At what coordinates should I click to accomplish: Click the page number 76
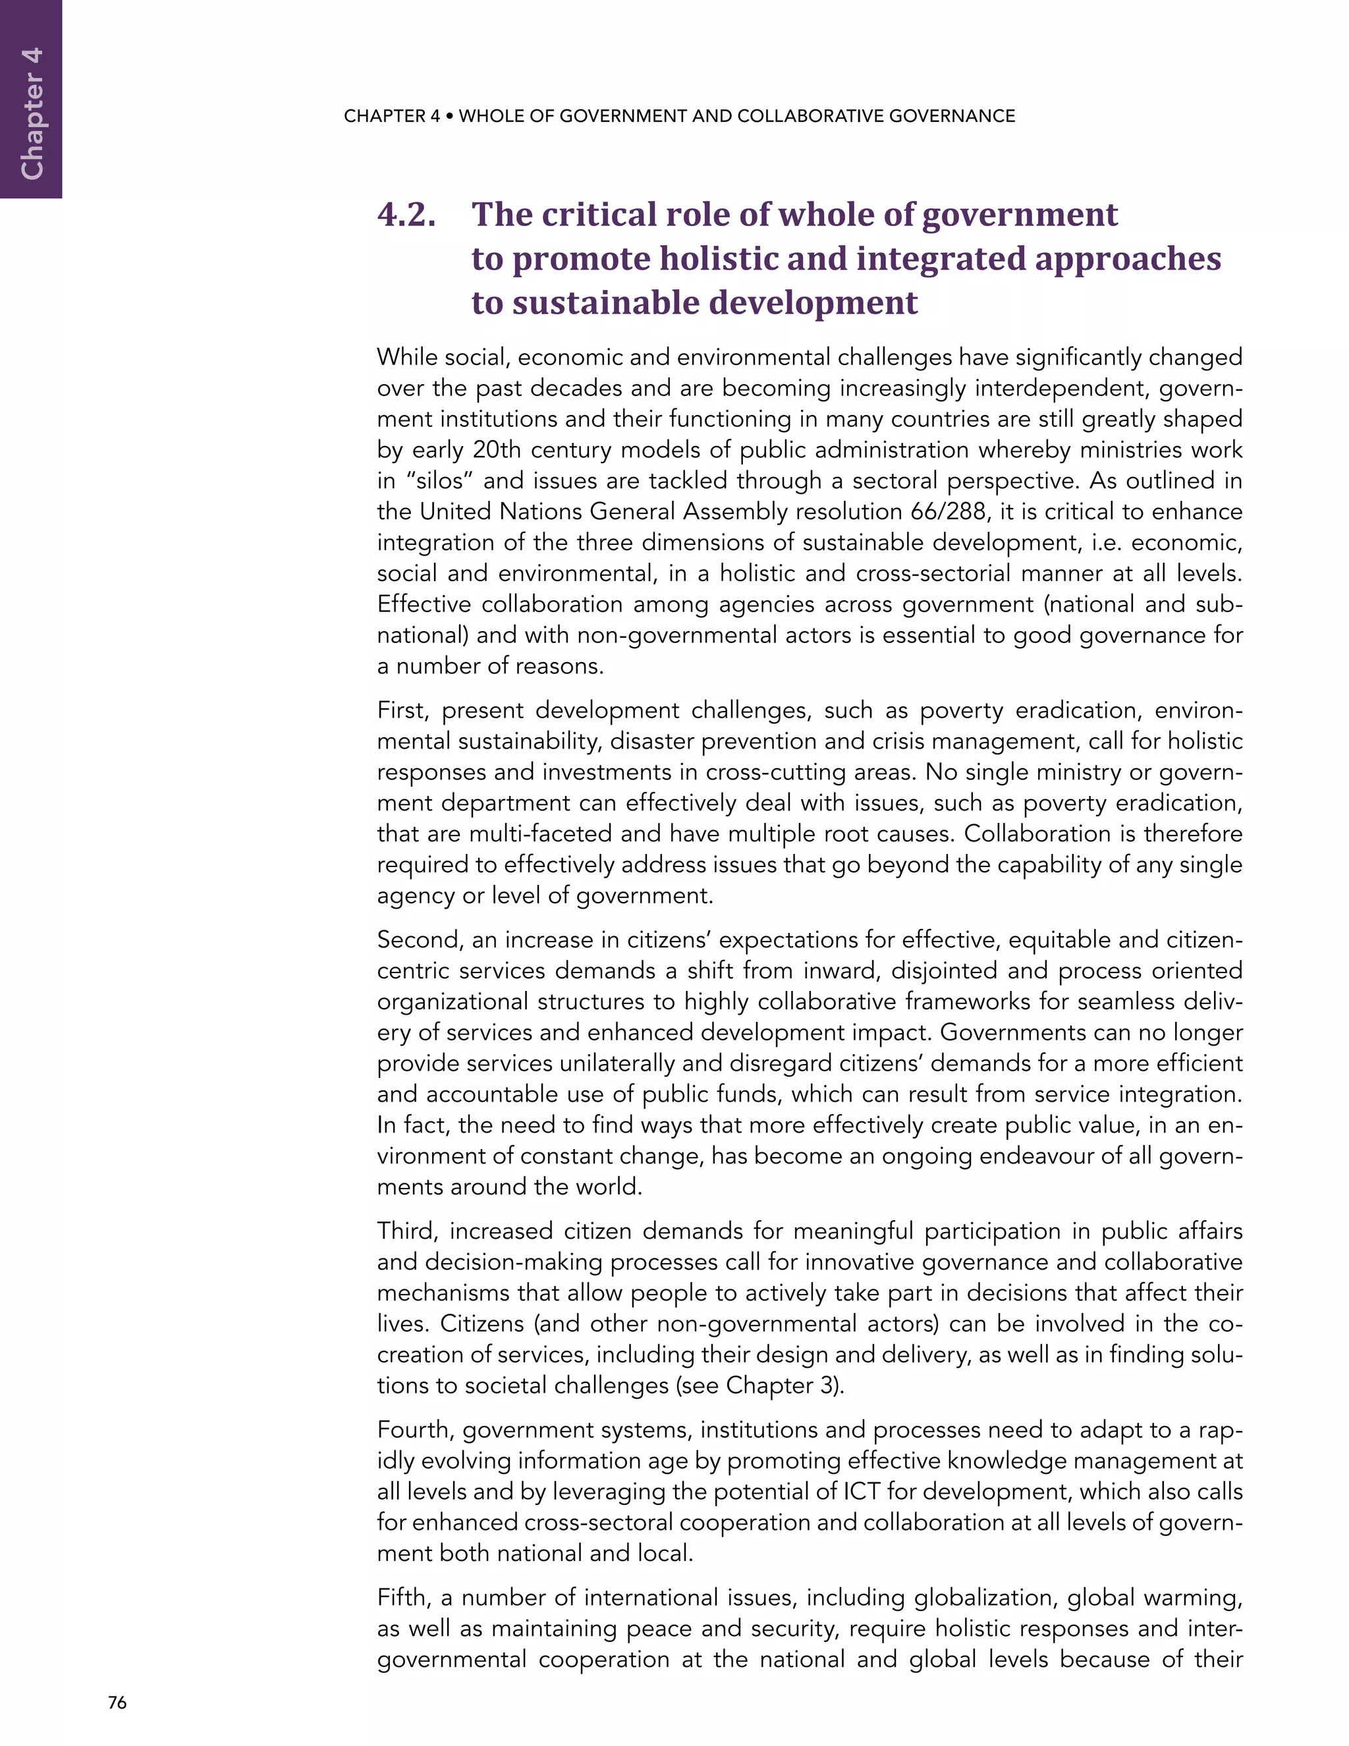(117, 1703)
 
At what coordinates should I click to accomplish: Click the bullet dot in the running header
(450, 116)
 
